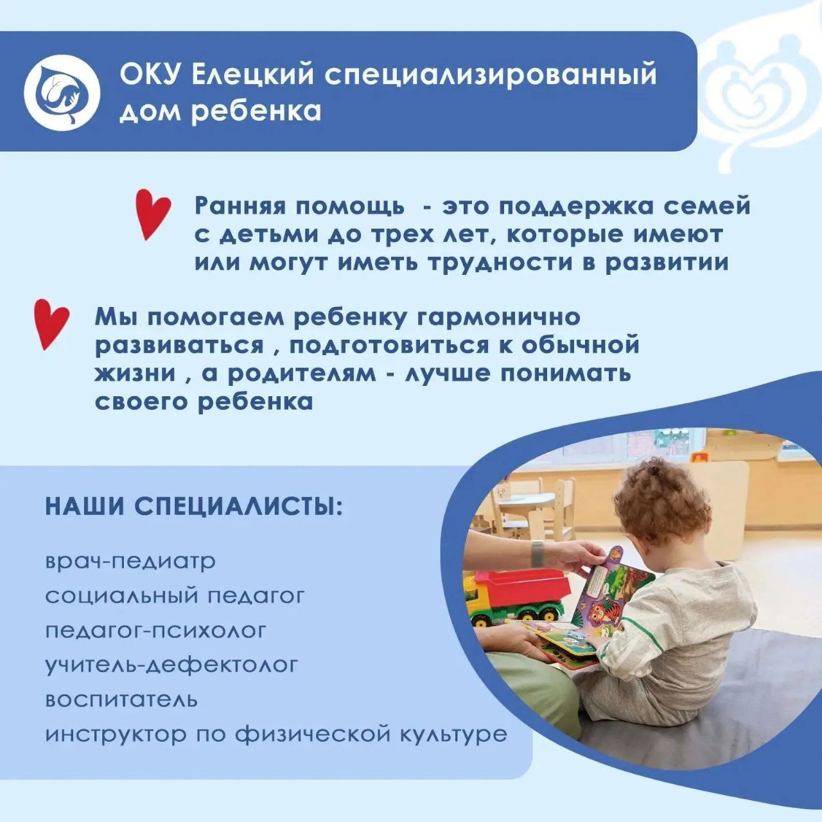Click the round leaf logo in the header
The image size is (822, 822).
click(62, 91)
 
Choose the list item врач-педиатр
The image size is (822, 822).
click(130, 562)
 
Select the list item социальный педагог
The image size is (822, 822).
click(175, 597)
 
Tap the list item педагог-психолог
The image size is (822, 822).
click(155, 631)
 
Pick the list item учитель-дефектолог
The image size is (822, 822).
click(171, 665)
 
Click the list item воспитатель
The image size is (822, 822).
click(121, 700)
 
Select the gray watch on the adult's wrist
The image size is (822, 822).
click(538, 553)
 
